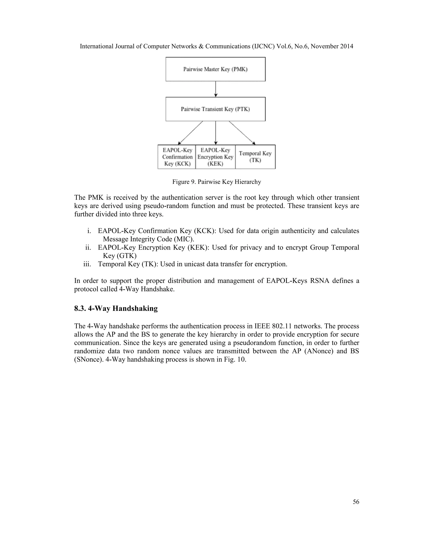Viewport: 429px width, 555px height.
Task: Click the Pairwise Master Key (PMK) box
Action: [215, 69]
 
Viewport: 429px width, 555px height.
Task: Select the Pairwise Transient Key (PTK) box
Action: [215, 109]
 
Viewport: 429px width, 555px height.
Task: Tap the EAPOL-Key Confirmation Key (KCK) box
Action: [177, 157]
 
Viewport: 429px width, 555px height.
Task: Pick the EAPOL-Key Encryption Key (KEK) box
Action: [215, 157]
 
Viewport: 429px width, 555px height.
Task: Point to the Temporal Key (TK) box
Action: [255, 157]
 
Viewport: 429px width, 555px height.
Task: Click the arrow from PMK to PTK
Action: [216, 89]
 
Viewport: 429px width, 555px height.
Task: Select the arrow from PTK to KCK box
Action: [191, 133]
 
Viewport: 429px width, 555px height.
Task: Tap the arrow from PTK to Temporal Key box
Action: [242, 133]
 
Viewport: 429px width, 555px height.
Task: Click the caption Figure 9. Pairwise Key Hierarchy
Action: [217, 182]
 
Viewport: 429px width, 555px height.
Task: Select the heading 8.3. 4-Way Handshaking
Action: [116, 308]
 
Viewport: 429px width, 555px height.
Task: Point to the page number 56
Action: [356, 502]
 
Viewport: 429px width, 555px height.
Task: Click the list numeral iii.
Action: [87, 264]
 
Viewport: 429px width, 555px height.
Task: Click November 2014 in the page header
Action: [332, 46]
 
